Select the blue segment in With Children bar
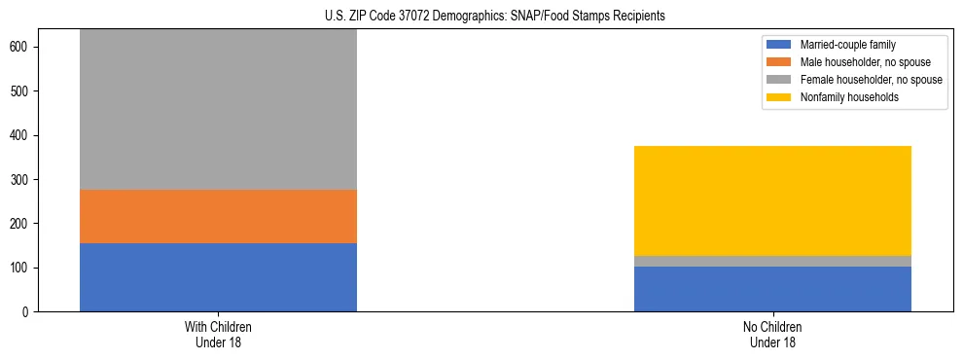tap(218, 277)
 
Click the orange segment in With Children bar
tap(218, 216)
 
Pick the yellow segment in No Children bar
tap(772, 200)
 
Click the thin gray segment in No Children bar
tap(772, 261)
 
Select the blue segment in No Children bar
tap(772, 289)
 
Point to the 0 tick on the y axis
tap(31, 311)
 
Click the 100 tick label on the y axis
tap(24, 268)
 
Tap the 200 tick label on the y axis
tap(24, 224)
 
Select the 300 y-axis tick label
tap(24, 179)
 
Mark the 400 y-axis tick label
tap(24, 135)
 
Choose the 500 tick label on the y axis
tap(24, 91)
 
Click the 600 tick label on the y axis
tap(24, 47)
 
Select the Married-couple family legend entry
tap(847, 45)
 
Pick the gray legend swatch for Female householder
tap(779, 80)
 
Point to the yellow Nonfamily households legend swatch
tap(779, 97)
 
